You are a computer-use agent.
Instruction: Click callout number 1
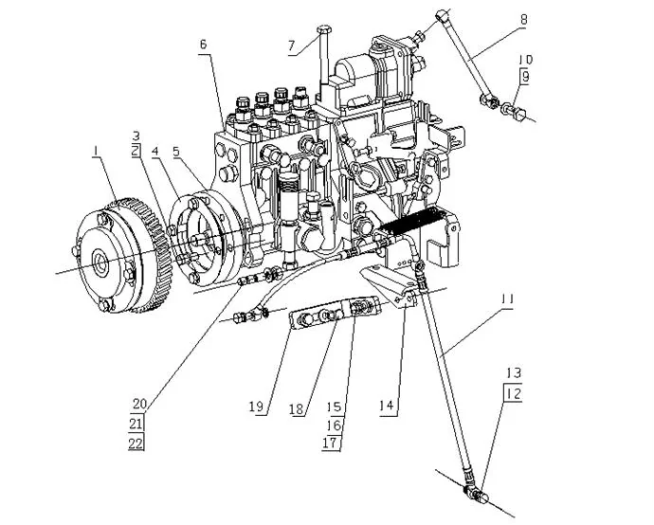[96, 150]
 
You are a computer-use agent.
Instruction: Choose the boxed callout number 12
[513, 390]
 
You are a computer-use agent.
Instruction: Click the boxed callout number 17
[331, 443]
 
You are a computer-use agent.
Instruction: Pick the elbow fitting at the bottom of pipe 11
[474, 493]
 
